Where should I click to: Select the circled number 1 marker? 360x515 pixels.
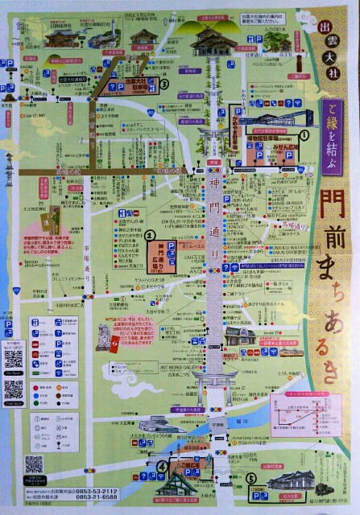point(304,136)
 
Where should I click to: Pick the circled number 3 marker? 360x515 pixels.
point(164,83)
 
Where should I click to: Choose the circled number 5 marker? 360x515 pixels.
point(251,476)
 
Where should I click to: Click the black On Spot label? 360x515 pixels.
point(13,373)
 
